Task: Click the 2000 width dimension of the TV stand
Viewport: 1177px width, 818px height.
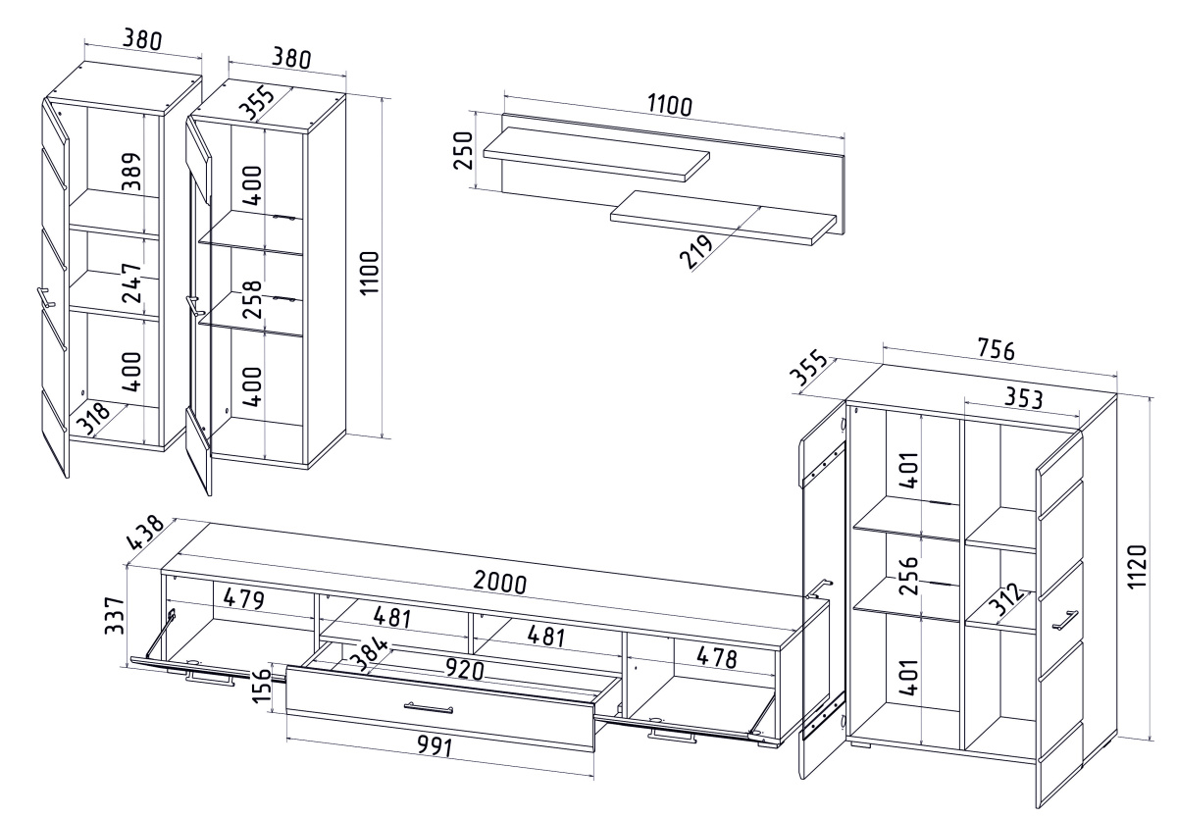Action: (x=499, y=582)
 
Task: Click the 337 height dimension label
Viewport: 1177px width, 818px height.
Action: (x=116, y=616)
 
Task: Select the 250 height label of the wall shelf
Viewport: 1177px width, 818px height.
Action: (x=466, y=150)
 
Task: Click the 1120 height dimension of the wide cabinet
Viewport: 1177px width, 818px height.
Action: (x=1137, y=568)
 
